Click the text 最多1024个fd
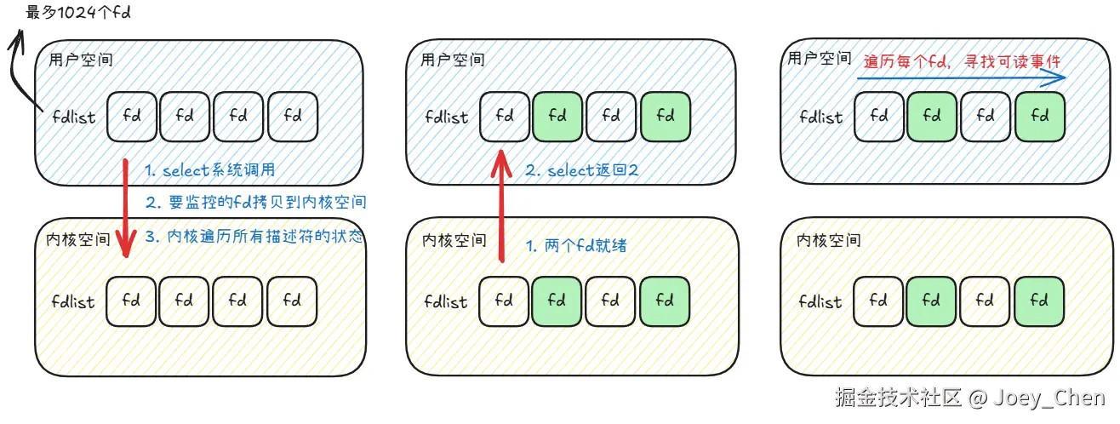click(78, 12)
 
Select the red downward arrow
click(125, 208)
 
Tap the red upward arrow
click(501, 205)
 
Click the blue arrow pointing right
click(961, 78)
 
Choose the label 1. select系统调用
click(210, 170)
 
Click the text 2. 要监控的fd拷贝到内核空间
click(256, 202)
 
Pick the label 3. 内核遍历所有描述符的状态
click(254, 236)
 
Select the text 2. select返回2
click(582, 170)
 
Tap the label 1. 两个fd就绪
click(576, 245)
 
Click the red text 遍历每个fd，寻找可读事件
click(962, 61)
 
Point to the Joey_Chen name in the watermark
click(1049, 398)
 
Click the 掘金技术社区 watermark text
click(899, 397)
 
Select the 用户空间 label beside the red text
click(819, 59)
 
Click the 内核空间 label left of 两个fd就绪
click(454, 240)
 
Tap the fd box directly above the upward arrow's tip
click(505, 117)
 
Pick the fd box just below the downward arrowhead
click(131, 301)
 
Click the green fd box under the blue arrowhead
click(1040, 117)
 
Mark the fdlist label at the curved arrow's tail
click(74, 117)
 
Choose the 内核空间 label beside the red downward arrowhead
click(77, 239)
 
